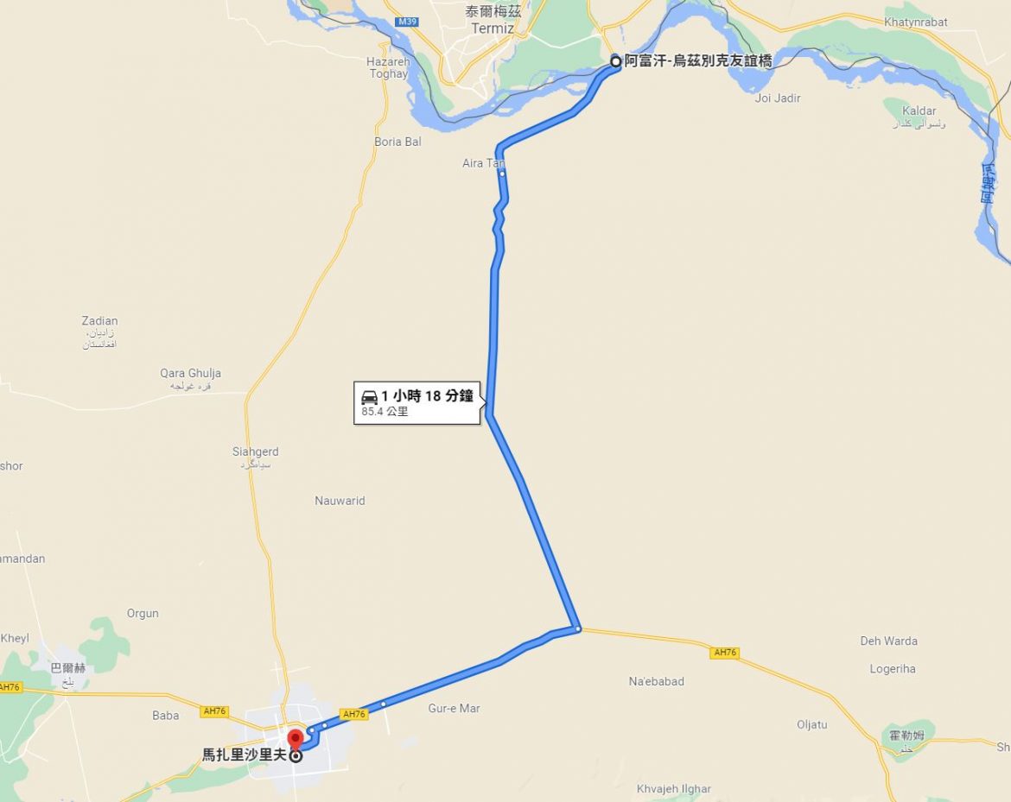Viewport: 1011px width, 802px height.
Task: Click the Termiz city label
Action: coord(493,28)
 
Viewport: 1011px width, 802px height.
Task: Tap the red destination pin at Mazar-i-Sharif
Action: coord(295,739)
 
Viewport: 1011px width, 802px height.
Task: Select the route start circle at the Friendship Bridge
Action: coord(615,61)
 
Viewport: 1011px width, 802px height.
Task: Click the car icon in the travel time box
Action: coord(370,397)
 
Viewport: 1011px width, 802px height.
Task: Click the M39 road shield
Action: coord(407,21)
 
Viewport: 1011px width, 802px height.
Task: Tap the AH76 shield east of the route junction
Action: coord(724,653)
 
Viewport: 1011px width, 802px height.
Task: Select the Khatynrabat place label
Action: coord(916,22)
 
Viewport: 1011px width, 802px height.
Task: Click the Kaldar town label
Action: coord(919,111)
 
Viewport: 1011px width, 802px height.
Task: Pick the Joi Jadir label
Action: coord(778,98)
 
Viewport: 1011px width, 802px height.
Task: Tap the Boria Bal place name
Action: coord(397,142)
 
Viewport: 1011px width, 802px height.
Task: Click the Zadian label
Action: coord(99,321)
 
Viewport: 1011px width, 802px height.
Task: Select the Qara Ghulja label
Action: coord(190,374)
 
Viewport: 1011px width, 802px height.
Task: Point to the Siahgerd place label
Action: coord(255,452)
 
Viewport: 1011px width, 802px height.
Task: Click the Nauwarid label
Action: coord(340,501)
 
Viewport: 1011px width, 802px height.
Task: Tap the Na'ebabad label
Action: coord(656,681)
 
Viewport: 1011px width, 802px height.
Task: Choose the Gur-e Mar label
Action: coord(454,709)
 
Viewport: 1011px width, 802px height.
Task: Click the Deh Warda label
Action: coord(888,641)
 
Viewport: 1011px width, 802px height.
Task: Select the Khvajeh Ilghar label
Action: coord(674,789)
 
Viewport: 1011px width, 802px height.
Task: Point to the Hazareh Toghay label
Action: coord(388,67)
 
